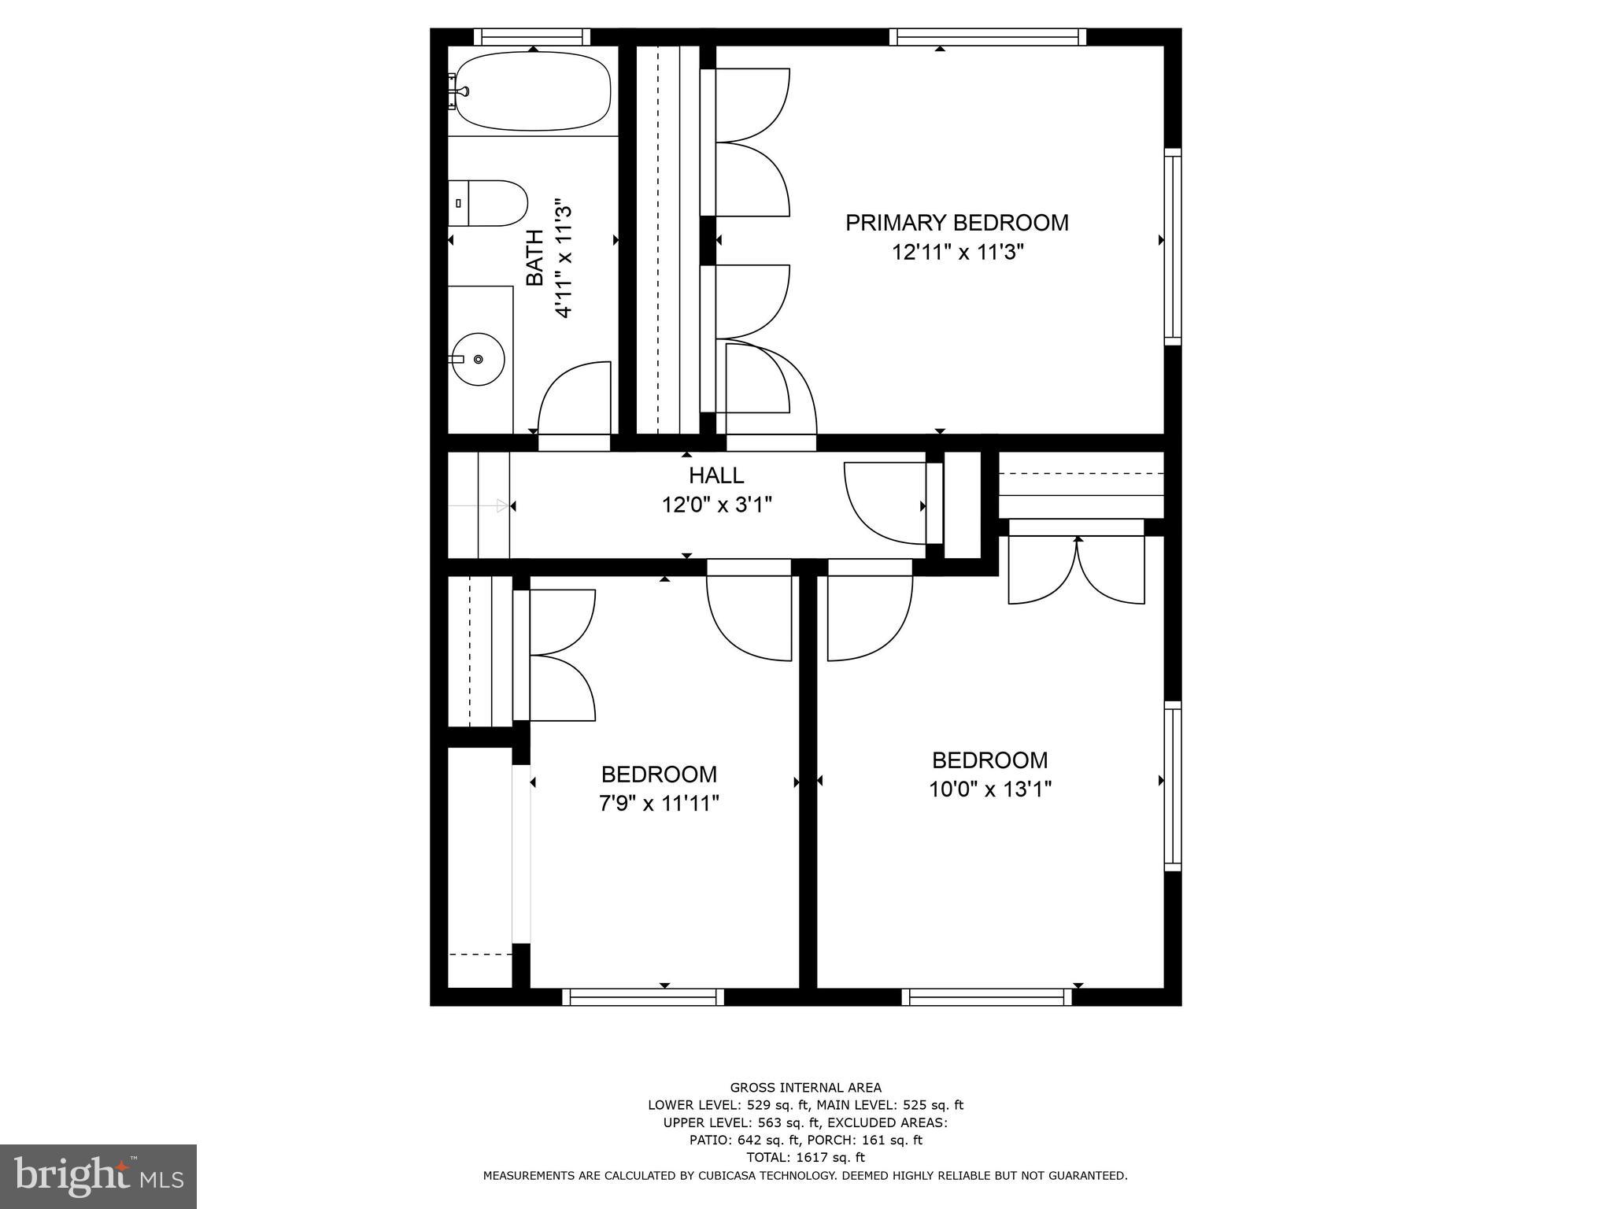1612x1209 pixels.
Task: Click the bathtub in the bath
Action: (534, 91)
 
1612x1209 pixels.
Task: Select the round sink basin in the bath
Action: (479, 359)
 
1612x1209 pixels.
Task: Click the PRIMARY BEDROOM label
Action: (956, 223)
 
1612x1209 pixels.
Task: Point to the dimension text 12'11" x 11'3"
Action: (957, 253)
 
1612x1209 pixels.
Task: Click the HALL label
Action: (716, 475)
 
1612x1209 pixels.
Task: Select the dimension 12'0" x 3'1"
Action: (716, 505)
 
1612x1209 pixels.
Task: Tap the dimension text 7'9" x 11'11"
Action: (659, 804)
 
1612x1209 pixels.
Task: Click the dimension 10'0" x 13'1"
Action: (989, 789)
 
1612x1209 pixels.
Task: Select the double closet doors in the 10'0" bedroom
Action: (1076, 571)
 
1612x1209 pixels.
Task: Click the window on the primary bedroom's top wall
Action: (987, 37)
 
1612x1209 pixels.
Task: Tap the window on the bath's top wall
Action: (532, 37)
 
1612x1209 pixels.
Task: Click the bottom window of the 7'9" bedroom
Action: (643, 997)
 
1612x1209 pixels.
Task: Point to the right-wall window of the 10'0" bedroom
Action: (1172, 786)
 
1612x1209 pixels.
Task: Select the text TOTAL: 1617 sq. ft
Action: (805, 1157)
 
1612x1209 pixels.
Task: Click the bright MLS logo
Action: (98, 1177)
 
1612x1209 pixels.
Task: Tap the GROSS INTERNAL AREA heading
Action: (805, 1088)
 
